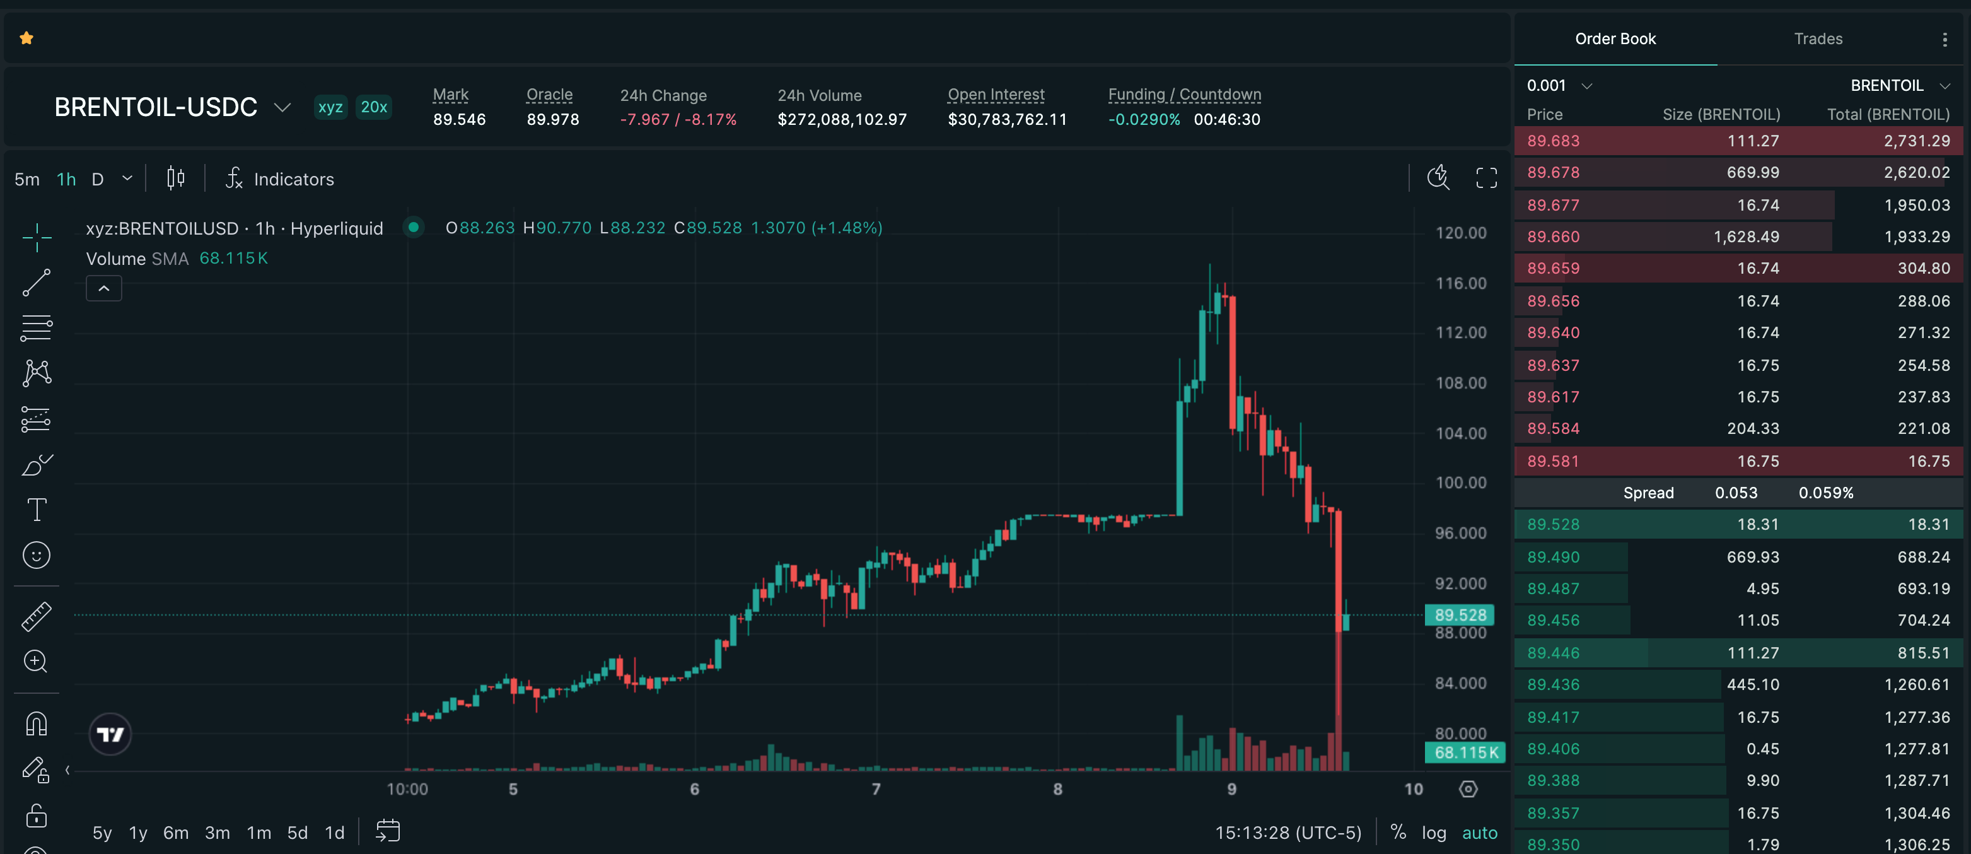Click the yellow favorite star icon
click(x=26, y=38)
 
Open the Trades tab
click(x=1817, y=39)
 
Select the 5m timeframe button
click(x=26, y=179)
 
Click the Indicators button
click(x=280, y=179)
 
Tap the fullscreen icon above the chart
click(x=1486, y=178)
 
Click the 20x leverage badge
click(x=373, y=107)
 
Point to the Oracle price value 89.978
click(x=552, y=119)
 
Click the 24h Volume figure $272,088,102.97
click(x=842, y=119)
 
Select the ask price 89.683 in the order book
click(x=1552, y=141)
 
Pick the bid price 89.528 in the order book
click(x=1552, y=524)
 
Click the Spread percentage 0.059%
click(x=1825, y=493)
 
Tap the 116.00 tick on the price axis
click(x=1460, y=283)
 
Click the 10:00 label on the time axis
click(x=407, y=789)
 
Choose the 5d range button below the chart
click(x=297, y=833)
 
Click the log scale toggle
click(x=1433, y=833)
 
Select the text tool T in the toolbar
click(x=37, y=510)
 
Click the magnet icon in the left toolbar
click(x=37, y=723)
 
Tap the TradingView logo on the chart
click(x=110, y=735)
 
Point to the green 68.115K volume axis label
click(x=1465, y=752)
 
